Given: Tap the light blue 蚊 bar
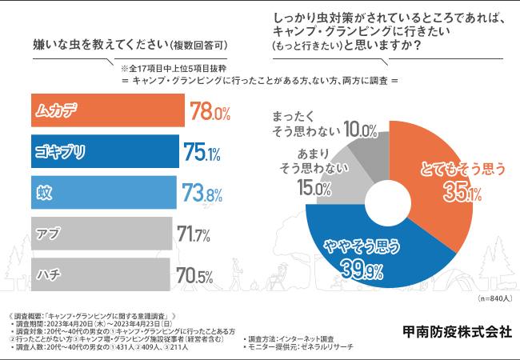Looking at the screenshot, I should (x=102, y=192).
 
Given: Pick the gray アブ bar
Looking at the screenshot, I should (x=100, y=234).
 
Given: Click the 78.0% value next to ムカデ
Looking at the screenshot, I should (x=210, y=111).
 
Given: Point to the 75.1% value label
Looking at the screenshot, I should (x=202, y=152).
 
